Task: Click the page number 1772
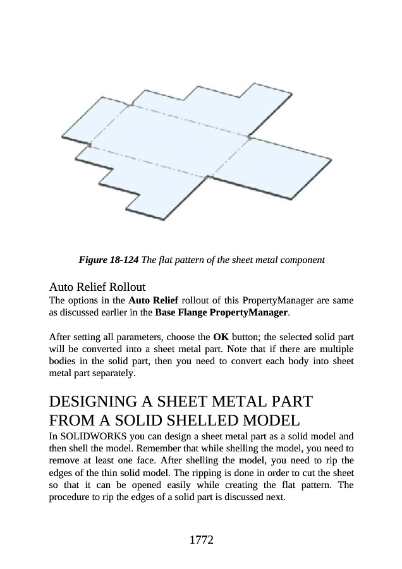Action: pos(201,540)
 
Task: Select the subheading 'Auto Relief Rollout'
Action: pos(97,286)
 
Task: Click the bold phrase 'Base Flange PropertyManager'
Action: pos(221,313)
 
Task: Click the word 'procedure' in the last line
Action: pos(70,496)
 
